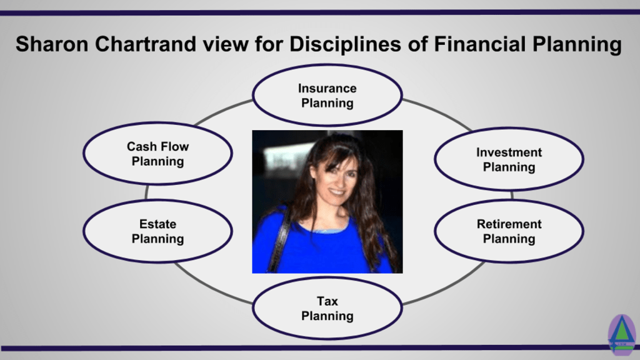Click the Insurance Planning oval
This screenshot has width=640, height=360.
[x=327, y=95]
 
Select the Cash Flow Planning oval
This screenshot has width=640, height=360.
[x=157, y=154]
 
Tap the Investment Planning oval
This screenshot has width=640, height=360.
[x=509, y=159]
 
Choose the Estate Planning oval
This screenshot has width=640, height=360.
[x=157, y=231]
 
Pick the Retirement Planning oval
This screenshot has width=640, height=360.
[x=509, y=231]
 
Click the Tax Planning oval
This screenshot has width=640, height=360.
[x=327, y=308]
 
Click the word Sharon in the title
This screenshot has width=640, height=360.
[x=52, y=44]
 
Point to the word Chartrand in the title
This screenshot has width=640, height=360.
[x=146, y=44]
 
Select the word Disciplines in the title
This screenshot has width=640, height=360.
[x=345, y=45]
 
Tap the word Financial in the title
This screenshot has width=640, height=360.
[x=480, y=44]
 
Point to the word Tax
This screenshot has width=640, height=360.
[x=327, y=301]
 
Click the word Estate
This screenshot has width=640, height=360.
[x=157, y=224]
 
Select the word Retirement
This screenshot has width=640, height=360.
[x=509, y=224]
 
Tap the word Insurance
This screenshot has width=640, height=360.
[x=327, y=88]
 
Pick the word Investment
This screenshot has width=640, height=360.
[x=509, y=152]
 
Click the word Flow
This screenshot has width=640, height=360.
[x=175, y=146]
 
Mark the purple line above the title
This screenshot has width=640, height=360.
[x=320, y=12]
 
